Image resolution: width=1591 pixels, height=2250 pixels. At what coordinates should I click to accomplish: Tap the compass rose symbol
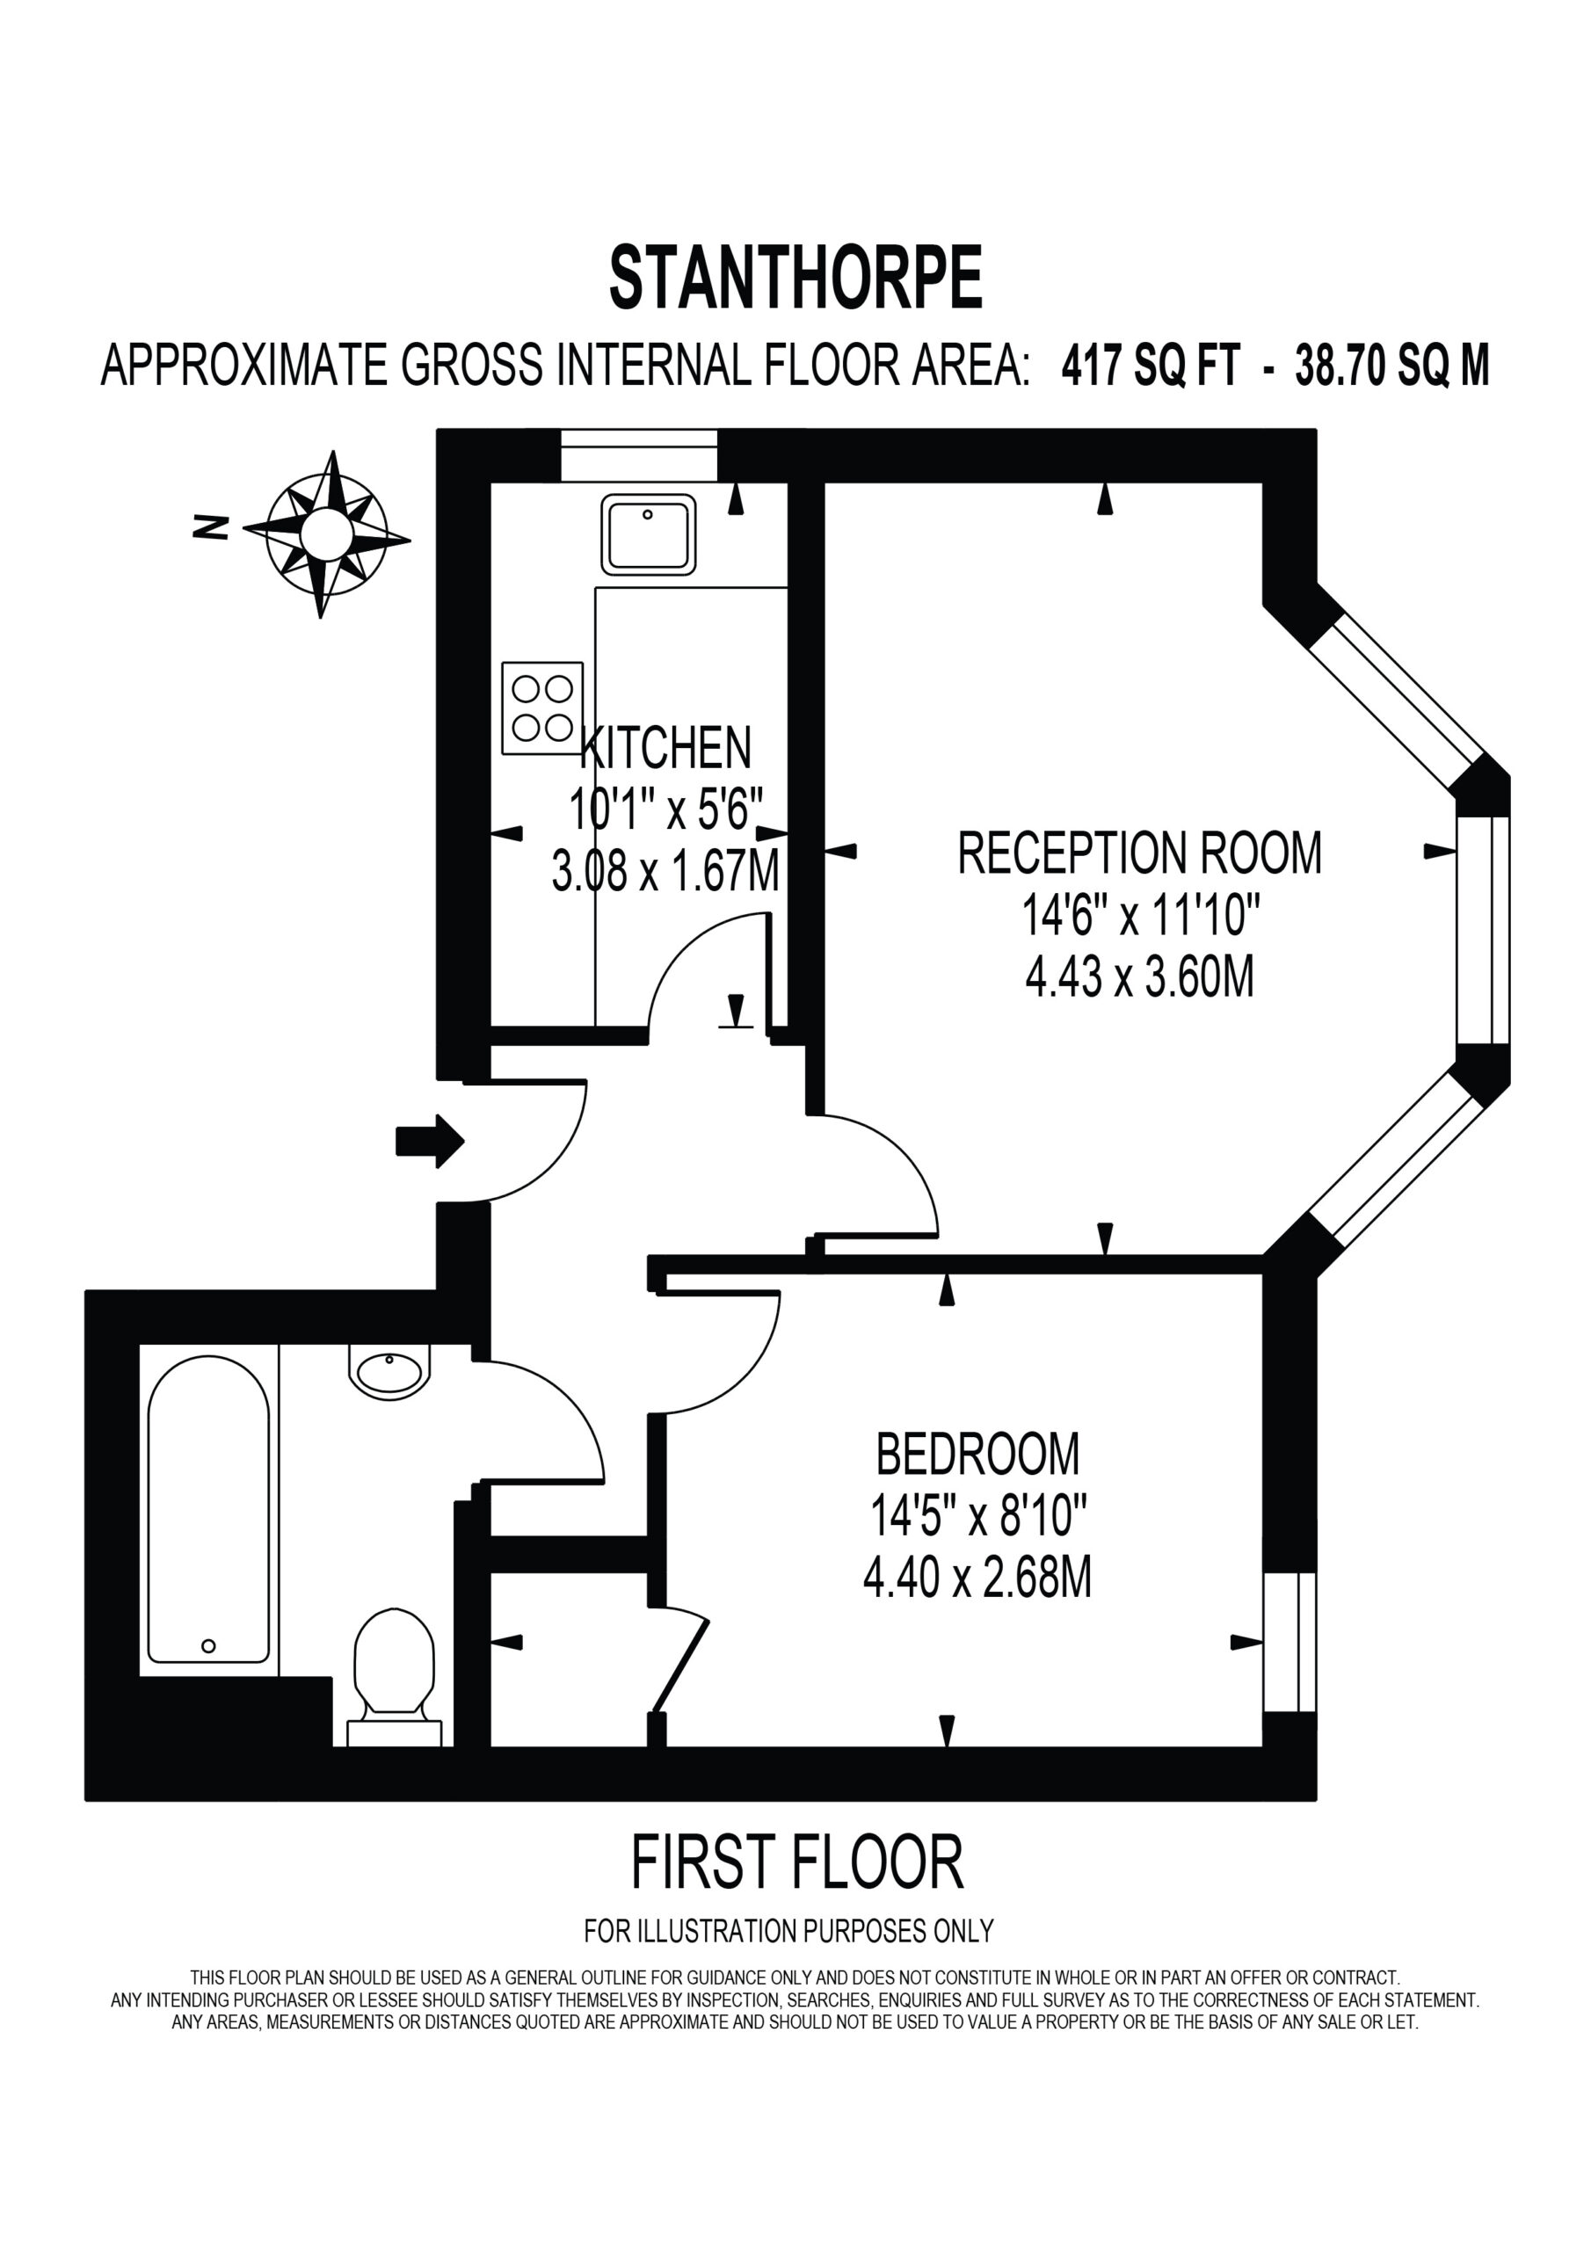click(x=326, y=534)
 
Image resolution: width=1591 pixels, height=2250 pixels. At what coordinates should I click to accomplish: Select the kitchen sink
click(x=648, y=534)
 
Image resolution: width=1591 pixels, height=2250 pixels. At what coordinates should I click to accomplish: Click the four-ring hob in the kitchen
click(x=542, y=708)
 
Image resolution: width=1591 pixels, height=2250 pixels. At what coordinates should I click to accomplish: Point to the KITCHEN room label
click(x=665, y=748)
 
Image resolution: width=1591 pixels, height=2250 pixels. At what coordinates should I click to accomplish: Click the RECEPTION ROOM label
click(x=1139, y=853)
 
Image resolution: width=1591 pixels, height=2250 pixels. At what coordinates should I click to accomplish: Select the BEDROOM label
click(x=977, y=1454)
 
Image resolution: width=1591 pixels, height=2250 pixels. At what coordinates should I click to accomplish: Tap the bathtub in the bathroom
click(x=207, y=1510)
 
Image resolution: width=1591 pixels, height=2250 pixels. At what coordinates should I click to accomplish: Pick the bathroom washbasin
click(x=389, y=1371)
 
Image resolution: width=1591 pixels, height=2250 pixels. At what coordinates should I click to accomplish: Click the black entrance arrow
click(x=429, y=1142)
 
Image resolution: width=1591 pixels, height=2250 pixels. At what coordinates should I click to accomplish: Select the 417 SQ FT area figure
click(x=1151, y=366)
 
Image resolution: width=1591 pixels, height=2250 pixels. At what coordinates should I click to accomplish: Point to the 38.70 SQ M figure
click(x=1392, y=366)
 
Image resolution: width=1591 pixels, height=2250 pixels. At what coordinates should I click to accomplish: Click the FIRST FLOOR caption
click(x=797, y=1863)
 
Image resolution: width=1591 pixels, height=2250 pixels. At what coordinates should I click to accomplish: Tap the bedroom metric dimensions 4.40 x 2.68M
click(x=977, y=1578)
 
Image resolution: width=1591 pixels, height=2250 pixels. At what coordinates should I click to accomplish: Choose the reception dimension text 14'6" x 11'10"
click(x=1140, y=915)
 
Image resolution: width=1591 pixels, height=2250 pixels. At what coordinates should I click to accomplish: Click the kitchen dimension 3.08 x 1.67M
click(x=665, y=870)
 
